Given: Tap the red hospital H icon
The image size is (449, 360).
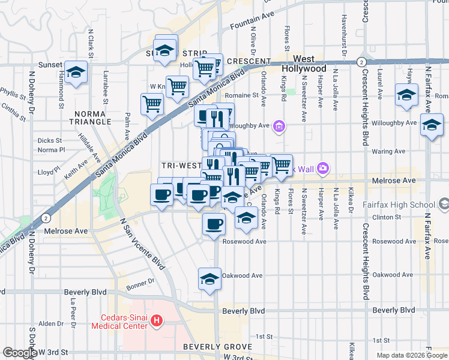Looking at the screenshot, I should point(157,322).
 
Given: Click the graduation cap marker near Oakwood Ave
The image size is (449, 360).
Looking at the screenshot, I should point(209,279).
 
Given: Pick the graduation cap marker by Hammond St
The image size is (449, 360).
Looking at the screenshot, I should point(76,73).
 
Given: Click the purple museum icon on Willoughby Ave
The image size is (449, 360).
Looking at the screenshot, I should point(279,126).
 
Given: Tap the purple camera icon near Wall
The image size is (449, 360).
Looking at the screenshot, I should point(322,169).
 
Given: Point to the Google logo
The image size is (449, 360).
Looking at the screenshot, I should point(20,353).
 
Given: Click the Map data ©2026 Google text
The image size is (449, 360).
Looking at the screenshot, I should point(411,355).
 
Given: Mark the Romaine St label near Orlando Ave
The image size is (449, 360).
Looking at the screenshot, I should point(241,95).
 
